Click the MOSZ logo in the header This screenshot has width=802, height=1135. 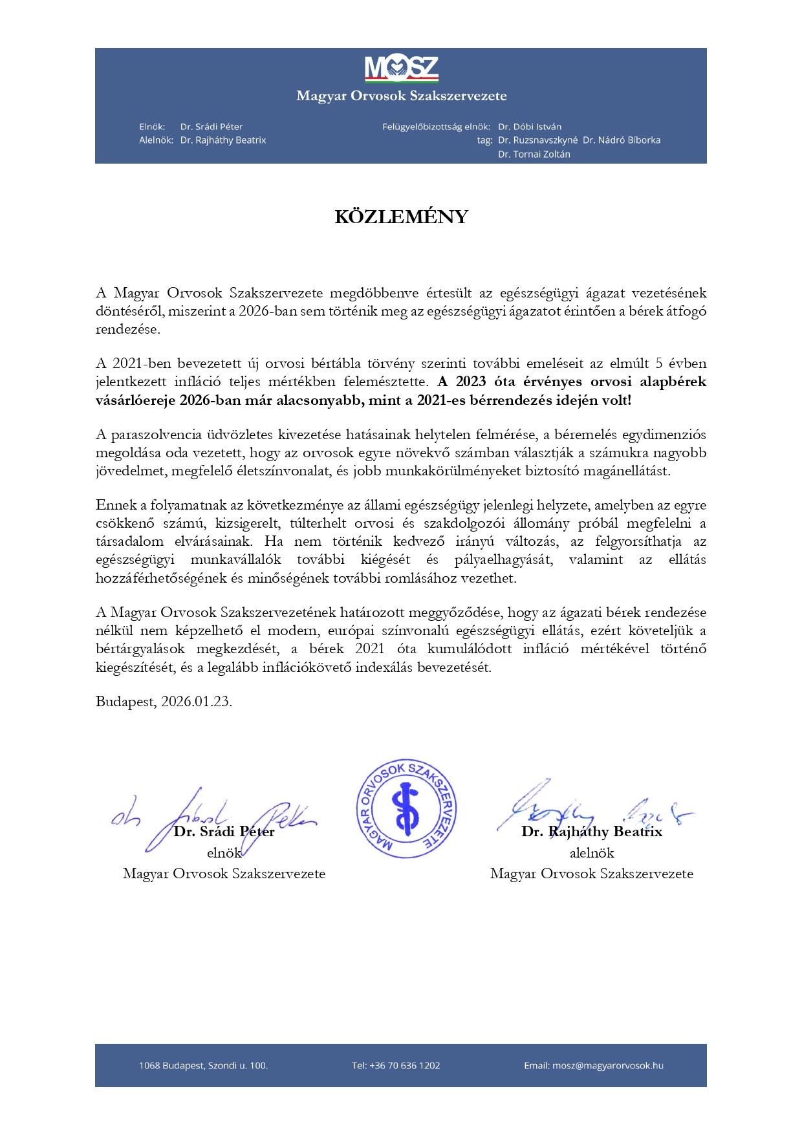coord(401,69)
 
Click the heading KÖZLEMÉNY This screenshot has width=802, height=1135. coord(401,217)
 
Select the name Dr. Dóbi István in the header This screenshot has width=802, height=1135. coord(529,127)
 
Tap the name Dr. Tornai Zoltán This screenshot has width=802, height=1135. coord(534,155)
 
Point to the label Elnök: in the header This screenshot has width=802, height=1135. coord(152,127)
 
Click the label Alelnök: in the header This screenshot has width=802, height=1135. coord(156,140)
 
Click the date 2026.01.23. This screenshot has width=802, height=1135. coord(196,702)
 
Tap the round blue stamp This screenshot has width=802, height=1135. coord(407,808)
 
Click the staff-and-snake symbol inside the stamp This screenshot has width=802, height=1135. coord(407,808)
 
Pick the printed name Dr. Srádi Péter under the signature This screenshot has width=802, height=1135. coord(224,832)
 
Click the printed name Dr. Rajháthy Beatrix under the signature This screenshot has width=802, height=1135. coord(592,832)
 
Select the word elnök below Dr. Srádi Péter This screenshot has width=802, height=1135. coord(224,853)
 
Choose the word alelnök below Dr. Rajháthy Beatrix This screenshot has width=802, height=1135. coord(592,853)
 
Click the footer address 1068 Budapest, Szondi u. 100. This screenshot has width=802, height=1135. coord(203,1066)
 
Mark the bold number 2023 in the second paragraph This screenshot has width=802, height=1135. coord(471,382)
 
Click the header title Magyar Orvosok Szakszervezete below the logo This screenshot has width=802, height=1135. coord(401,96)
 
